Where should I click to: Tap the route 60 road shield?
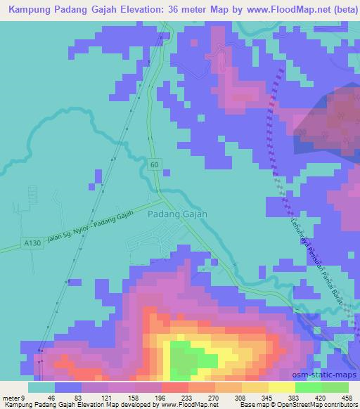(154, 164)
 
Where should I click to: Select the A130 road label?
(31, 242)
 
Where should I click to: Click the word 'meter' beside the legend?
(10, 396)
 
